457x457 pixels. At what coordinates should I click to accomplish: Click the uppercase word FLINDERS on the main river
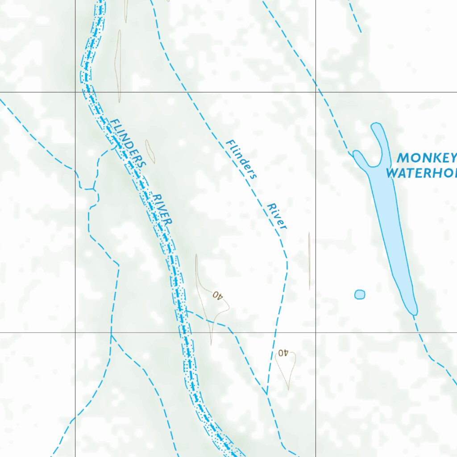(x=128, y=143)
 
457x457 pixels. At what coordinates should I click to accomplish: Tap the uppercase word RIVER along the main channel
(x=162, y=209)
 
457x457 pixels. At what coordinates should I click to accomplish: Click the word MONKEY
(x=427, y=158)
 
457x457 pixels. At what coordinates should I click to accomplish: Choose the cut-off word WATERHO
(x=421, y=173)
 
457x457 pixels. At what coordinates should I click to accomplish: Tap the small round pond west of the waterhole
(x=360, y=294)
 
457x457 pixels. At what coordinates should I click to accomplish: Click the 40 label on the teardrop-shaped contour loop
(x=282, y=353)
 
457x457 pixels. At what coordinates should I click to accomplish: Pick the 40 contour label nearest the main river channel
(x=217, y=295)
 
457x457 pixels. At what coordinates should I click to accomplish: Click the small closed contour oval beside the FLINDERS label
(x=150, y=152)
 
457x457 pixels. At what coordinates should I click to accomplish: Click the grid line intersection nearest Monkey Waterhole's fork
(x=316, y=92)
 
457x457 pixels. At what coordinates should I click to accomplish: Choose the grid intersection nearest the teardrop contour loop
(x=316, y=332)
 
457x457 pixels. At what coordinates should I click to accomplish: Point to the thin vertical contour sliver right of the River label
(x=309, y=261)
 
